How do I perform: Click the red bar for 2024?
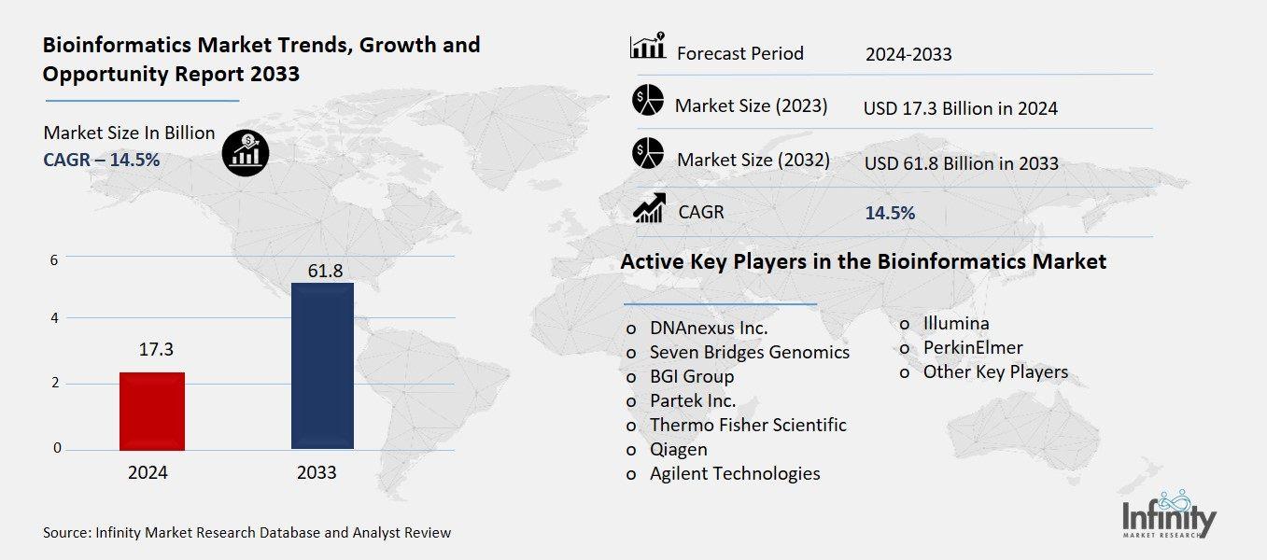point(152,411)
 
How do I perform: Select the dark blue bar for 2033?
point(322,366)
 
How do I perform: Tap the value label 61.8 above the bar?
point(323,271)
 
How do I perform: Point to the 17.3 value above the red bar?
point(156,350)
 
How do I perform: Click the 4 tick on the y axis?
point(55,318)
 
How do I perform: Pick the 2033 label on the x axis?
point(317,473)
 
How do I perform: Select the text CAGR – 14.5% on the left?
point(101,160)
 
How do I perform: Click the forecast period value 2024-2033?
point(908,54)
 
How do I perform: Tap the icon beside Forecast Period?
point(647,47)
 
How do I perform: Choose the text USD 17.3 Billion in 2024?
point(960,108)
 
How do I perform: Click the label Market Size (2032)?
point(753,160)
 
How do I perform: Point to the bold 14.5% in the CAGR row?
point(889,213)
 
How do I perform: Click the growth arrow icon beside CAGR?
point(648,208)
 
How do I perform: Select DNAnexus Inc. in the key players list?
point(708,329)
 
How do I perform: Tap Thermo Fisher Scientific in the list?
point(747,425)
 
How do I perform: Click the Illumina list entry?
point(955,324)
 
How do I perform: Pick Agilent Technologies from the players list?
point(734,473)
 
